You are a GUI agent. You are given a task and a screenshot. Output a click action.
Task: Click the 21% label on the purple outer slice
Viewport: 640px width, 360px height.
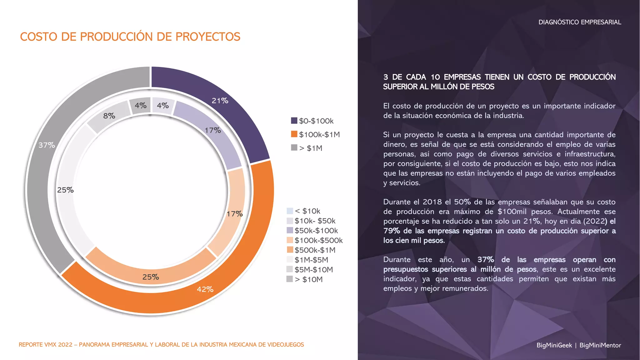(x=220, y=101)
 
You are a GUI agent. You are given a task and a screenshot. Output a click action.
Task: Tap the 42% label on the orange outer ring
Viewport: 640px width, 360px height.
(x=205, y=289)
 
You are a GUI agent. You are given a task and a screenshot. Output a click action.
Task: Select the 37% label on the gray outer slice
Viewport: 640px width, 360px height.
(x=47, y=145)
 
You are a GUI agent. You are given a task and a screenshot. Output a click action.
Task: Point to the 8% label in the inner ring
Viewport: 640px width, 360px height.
(x=109, y=116)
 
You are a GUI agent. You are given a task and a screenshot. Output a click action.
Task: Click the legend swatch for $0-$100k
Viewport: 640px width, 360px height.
(x=294, y=121)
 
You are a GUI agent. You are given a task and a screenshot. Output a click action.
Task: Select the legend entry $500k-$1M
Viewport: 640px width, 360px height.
(x=315, y=250)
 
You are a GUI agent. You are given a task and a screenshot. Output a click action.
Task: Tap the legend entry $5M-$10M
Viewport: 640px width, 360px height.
(x=313, y=269)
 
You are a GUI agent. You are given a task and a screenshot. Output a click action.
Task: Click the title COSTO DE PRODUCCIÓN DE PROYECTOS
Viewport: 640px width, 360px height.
(x=130, y=37)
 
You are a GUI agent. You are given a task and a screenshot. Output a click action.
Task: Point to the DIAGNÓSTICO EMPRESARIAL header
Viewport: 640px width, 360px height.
(x=579, y=22)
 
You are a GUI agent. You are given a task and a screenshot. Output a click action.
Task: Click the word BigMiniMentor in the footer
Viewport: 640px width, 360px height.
(x=600, y=345)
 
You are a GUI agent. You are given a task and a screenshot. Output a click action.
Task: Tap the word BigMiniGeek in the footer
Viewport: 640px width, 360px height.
(x=554, y=345)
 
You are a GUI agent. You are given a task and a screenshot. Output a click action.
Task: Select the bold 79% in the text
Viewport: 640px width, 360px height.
(x=392, y=231)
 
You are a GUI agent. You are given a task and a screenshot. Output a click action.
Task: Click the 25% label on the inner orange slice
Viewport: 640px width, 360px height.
(x=151, y=277)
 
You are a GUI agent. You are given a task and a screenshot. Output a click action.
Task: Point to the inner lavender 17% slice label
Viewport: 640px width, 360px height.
(x=213, y=130)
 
